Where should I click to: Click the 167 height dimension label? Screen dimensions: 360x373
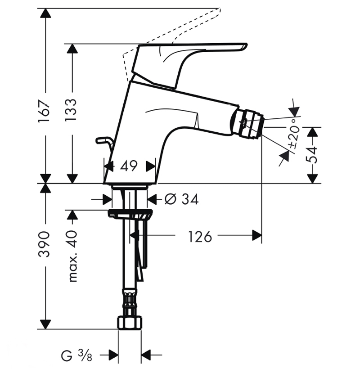coord(44,111)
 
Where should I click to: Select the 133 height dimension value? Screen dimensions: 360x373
coord(71,110)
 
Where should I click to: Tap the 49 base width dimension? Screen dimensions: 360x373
coord(129,166)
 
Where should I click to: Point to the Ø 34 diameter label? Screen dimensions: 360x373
coord(181,199)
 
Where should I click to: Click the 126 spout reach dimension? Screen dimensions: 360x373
coord(200,237)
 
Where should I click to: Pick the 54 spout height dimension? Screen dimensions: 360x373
coord(312,155)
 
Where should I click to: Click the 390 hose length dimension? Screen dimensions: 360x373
coord(44,244)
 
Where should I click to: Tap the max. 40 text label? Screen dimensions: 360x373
coord(72,256)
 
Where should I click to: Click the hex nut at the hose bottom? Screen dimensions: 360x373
coord(130,323)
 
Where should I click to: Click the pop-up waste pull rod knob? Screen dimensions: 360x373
coord(102,140)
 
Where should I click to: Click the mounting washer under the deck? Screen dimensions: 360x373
coord(130,213)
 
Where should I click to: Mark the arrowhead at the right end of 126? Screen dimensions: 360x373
coord(257,235)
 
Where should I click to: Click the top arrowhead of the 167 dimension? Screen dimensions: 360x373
coord(45,13)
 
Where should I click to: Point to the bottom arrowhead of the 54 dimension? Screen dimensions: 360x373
coord(312,179)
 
